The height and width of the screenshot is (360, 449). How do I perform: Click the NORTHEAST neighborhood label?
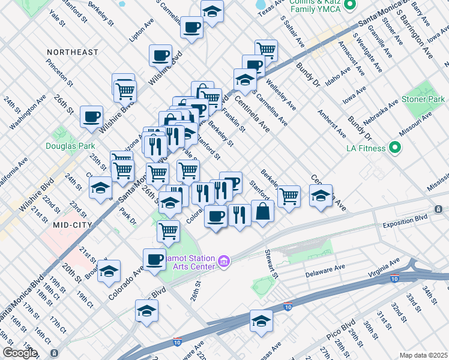pos(73,52)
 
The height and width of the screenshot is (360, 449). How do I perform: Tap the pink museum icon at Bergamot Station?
pos(224,262)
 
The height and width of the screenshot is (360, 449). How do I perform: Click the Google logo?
pos(20,353)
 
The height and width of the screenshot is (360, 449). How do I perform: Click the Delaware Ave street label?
pos(326,271)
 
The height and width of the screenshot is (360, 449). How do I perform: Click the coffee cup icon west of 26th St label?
pos(91,116)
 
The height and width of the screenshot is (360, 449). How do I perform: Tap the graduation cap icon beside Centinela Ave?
pos(321,196)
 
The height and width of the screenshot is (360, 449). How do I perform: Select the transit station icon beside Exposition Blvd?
pos(439,209)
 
